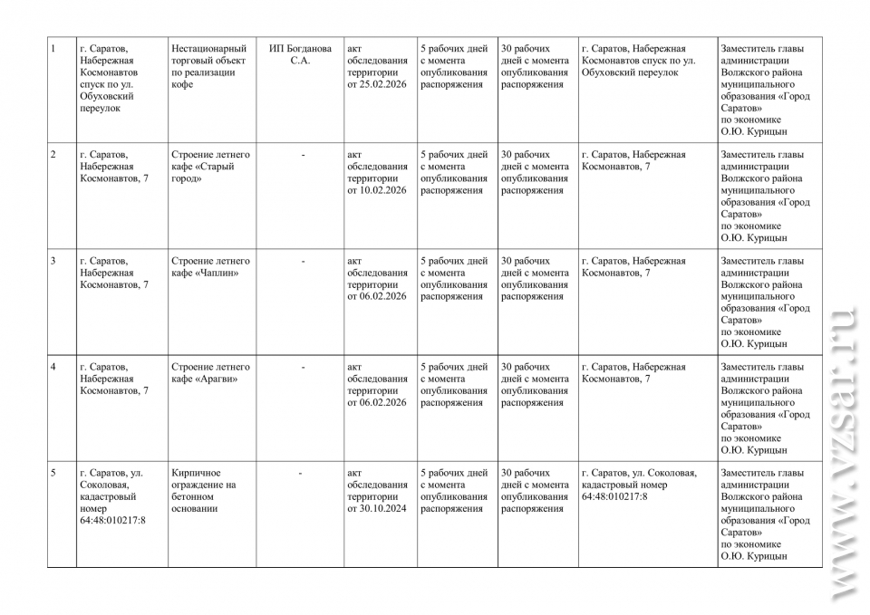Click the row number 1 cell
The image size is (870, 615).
tap(54, 49)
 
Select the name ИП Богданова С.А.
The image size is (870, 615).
tap(300, 54)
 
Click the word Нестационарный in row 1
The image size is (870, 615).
tap(208, 49)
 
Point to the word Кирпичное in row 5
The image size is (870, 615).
tap(196, 473)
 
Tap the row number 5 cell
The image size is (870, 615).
tap(54, 473)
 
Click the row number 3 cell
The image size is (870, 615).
tap(54, 261)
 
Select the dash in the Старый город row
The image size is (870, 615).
tap(304, 155)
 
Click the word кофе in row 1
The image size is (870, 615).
tap(182, 84)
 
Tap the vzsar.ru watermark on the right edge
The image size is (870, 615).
tap(842, 453)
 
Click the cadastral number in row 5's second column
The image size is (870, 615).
tap(112, 520)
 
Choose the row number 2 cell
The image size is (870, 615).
tap(54, 155)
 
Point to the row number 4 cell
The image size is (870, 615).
tap(54, 367)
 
